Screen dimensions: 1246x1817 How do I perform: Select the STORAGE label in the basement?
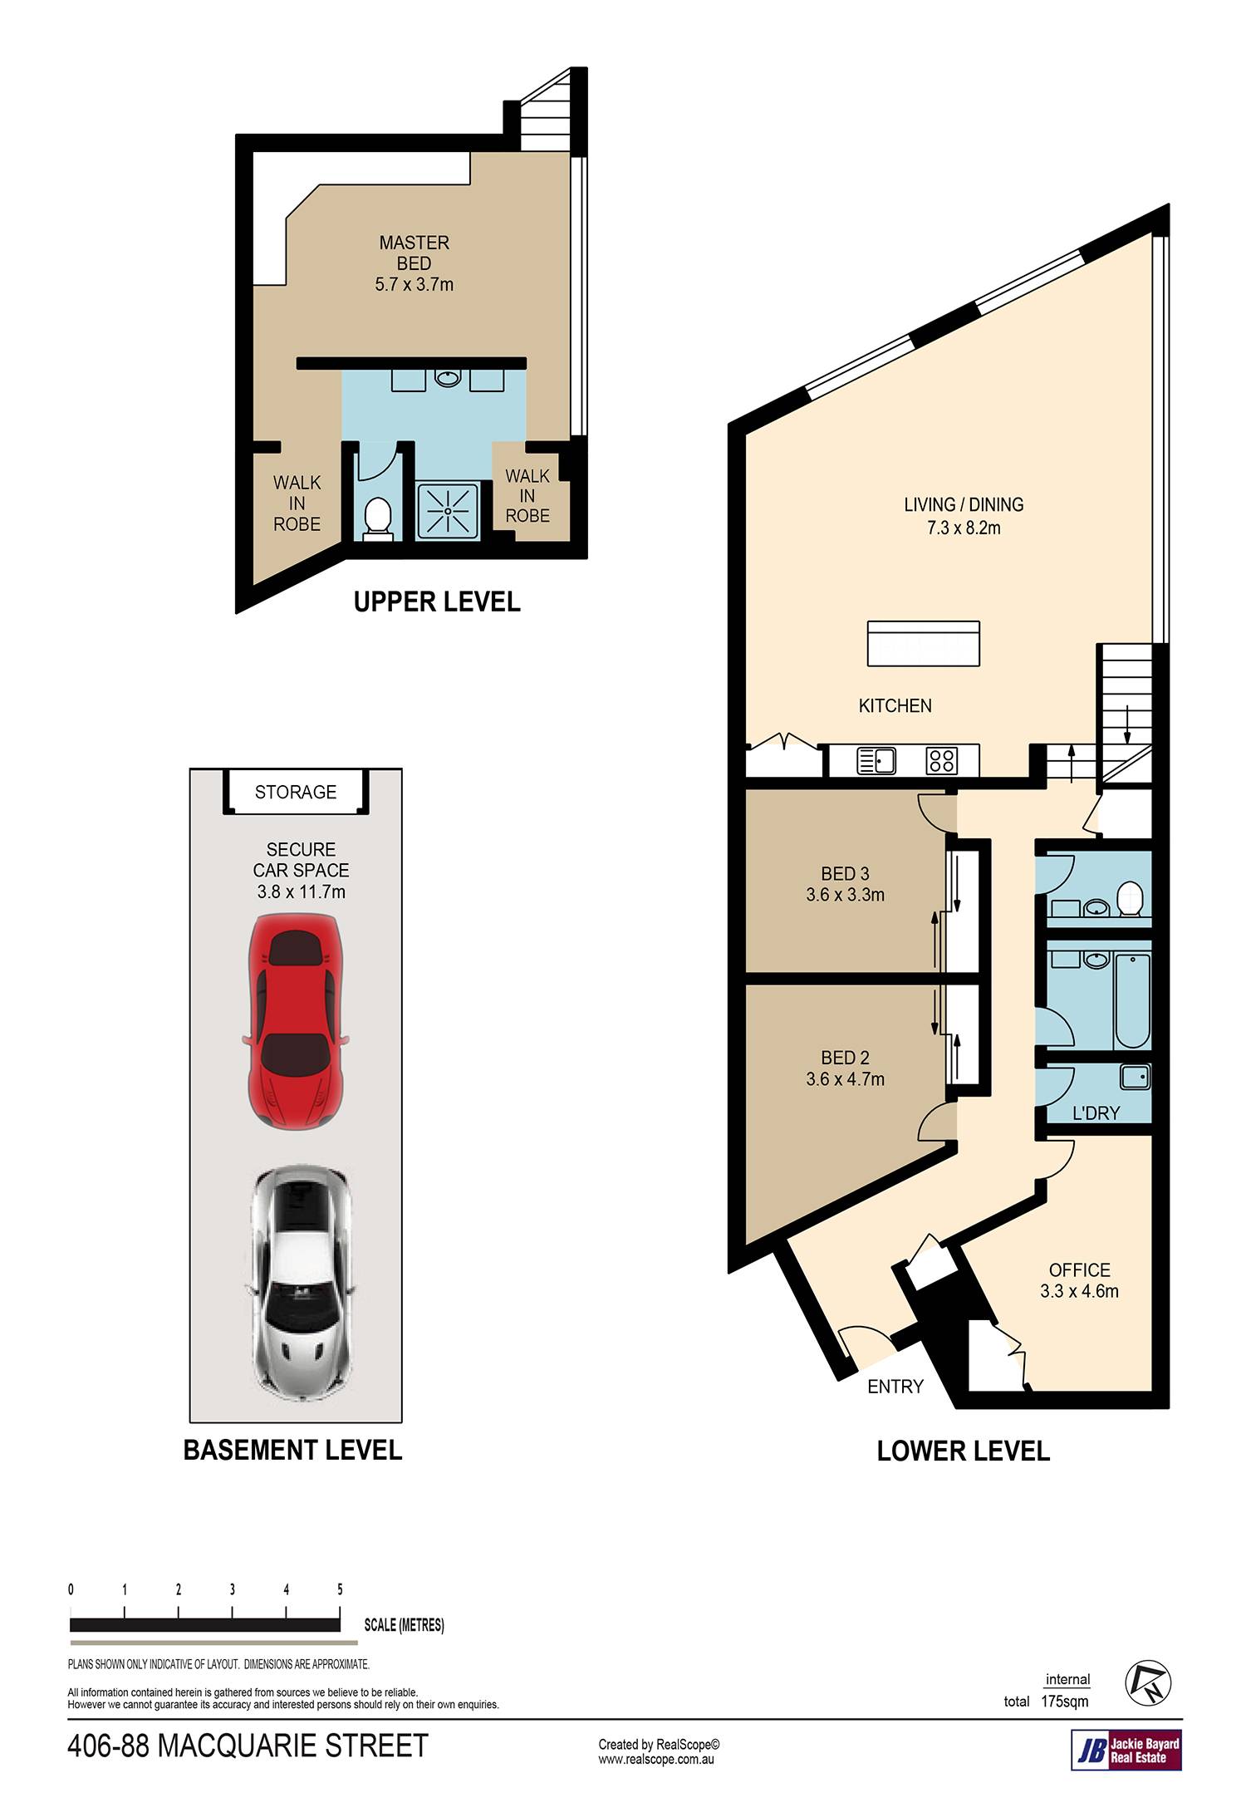(x=296, y=792)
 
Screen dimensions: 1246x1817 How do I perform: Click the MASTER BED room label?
(x=414, y=253)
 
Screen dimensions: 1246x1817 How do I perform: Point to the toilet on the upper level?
(x=378, y=518)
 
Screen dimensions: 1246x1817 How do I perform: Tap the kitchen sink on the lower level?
(x=876, y=760)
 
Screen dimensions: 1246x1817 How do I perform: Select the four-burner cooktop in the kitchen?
(x=942, y=760)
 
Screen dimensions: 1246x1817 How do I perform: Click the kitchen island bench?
(x=923, y=643)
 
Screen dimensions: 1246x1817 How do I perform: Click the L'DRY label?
(x=1096, y=1112)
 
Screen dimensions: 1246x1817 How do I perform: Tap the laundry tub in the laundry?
(x=1135, y=1078)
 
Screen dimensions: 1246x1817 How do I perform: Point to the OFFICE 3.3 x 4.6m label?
(x=1079, y=1280)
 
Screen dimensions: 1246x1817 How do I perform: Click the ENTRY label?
(x=895, y=1386)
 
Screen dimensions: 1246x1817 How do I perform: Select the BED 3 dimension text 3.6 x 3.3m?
(x=845, y=895)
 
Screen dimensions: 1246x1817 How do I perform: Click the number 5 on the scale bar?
(x=340, y=1589)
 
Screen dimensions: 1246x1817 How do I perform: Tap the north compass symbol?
(x=1148, y=1682)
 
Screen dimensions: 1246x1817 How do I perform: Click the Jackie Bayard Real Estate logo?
(x=1126, y=1749)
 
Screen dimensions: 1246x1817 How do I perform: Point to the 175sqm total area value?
(x=1064, y=1701)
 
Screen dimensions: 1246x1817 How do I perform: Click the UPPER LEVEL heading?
(x=437, y=602)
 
